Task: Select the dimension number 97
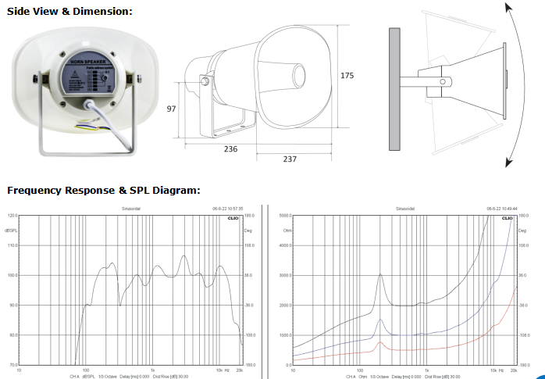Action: (172, 109)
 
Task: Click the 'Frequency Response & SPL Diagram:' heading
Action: (104, 190)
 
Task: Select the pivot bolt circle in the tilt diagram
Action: (445, 81)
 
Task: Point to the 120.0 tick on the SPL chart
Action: (12, 215)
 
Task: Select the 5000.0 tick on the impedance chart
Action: (284, 215)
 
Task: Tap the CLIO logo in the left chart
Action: (232, 220)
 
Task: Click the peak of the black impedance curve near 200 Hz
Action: (379, 274)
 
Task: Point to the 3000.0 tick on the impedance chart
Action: (284, 275)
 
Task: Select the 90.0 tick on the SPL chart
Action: (12, 305)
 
